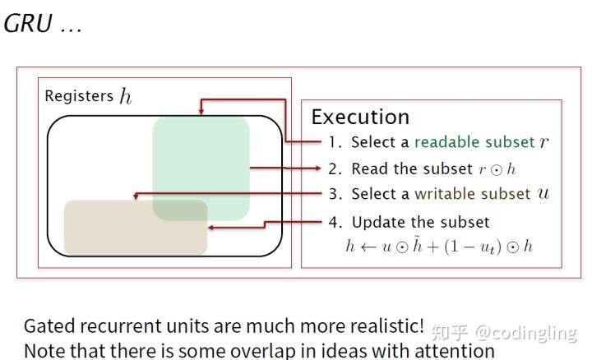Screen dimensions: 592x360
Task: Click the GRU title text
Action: [28, 24]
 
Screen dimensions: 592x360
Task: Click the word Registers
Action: [79, 96]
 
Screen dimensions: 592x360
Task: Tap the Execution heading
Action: [360, 117]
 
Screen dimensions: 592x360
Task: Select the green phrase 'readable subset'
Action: [474, 142]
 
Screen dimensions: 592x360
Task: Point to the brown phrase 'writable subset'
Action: [473, 194]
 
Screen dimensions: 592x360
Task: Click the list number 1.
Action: [334, 142]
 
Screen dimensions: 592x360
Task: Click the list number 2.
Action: [335, 168]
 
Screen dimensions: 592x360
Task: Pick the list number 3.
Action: [335, 194]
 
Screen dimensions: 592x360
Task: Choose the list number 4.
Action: [335, 222]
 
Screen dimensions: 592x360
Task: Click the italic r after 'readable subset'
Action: [543, 143]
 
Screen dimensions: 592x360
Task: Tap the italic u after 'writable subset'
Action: [543, 194]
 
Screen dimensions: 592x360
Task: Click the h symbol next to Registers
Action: [126, 96]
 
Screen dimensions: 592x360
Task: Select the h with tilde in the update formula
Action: [417, 245]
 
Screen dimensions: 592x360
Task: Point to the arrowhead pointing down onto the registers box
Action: [201, 111]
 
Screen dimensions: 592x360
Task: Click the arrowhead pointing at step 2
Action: [318, 168]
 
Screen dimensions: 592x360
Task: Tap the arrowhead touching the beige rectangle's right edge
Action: [211, 228]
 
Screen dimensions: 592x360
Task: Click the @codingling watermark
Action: [526, 333]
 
